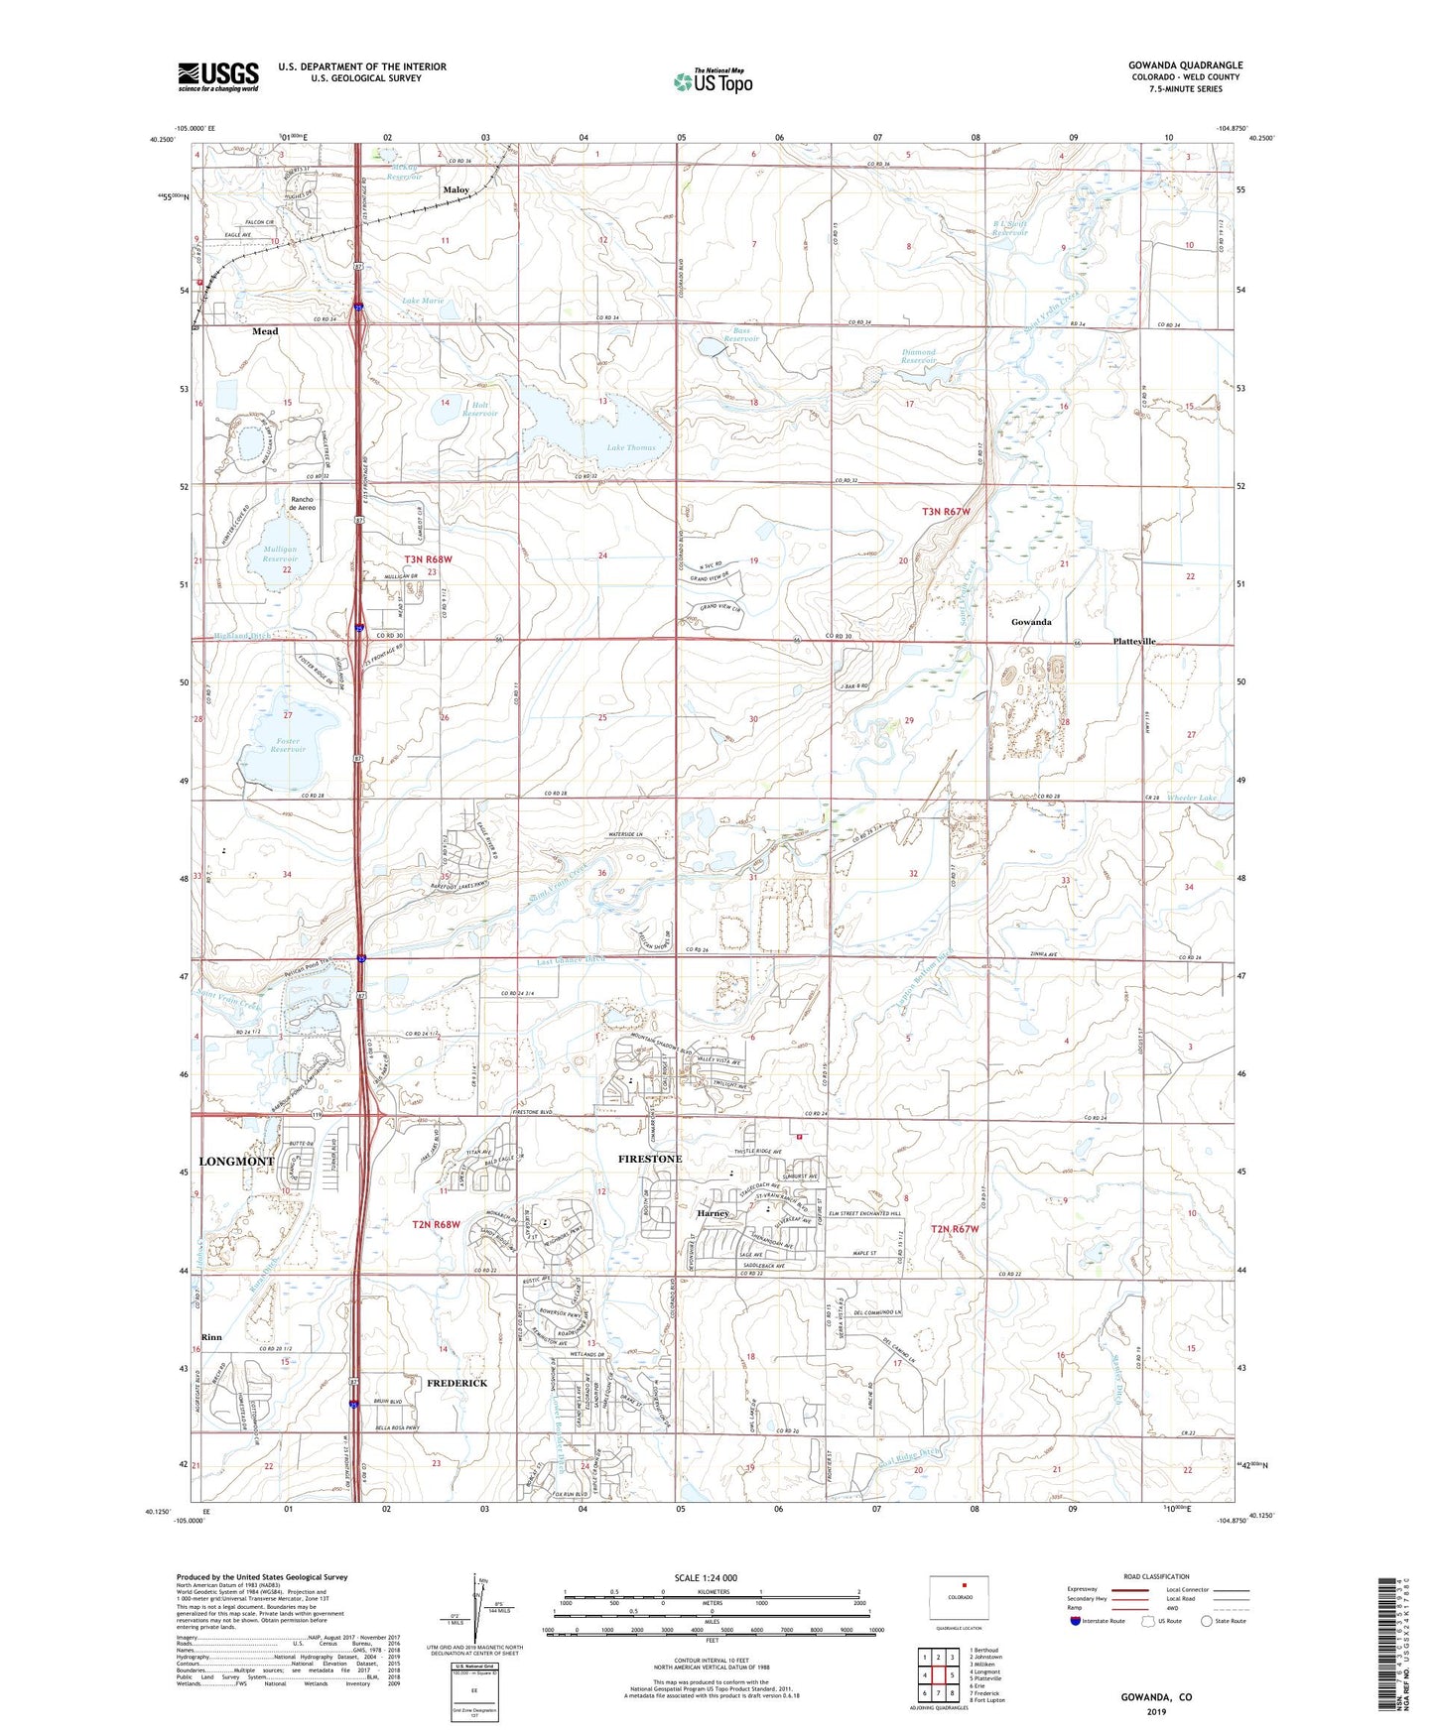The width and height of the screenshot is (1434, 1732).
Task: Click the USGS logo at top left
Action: pyautogui.click(x=218, y=76)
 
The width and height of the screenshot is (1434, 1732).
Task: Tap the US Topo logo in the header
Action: pyautogui.click(x=713, y=81)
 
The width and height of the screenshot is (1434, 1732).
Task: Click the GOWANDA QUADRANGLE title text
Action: pyautogui.click(x=1185, y=65)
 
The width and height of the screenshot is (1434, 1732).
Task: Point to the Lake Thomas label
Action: pyautogui.click(x=631, y=447)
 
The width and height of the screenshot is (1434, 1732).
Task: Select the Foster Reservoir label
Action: pyautogui.click(x=287, y=745)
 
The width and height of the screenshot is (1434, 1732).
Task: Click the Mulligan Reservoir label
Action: pyautogui.click(x=281, y=554)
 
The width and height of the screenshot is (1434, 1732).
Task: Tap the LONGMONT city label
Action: pyautogui.click(x=236, y=1161)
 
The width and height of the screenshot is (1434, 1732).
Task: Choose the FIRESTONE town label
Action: pyautogui.click(x=650, y=1159)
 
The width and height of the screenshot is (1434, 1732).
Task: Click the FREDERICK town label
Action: pyautogui.click(x=456, y=1382)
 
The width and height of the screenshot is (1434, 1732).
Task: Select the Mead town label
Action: pyautogui.click(x=265, y=331)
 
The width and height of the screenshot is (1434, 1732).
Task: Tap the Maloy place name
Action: pyautogui.click(x=456, y=189)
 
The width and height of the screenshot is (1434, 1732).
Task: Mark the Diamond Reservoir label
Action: pyautogui.click(x=919, y=356)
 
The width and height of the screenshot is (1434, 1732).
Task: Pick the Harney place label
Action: pyautogui.click(x=713, y=1213)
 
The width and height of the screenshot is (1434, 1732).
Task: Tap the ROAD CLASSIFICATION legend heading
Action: pyautogui.click(x=1156, y=1576)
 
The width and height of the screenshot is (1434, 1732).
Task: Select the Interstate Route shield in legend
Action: pyautogui.click(x=1076, y=1621)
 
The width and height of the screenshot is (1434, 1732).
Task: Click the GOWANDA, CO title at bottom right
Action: pyautogui.click(x=1156, y=1696)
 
